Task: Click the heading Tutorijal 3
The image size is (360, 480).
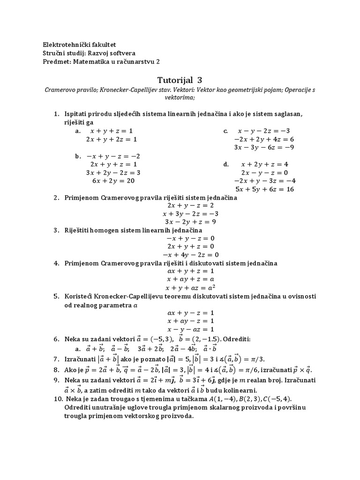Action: click(180, 80)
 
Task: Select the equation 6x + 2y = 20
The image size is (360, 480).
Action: click(113, 181)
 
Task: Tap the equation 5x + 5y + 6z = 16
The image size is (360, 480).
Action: click(265, 189)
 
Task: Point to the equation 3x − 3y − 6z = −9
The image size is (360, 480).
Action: click(264, 147)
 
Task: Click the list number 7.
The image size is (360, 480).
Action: click(56, 359)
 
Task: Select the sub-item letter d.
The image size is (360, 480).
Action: click(226, 165)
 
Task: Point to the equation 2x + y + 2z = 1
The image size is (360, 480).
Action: click(111, 139)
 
